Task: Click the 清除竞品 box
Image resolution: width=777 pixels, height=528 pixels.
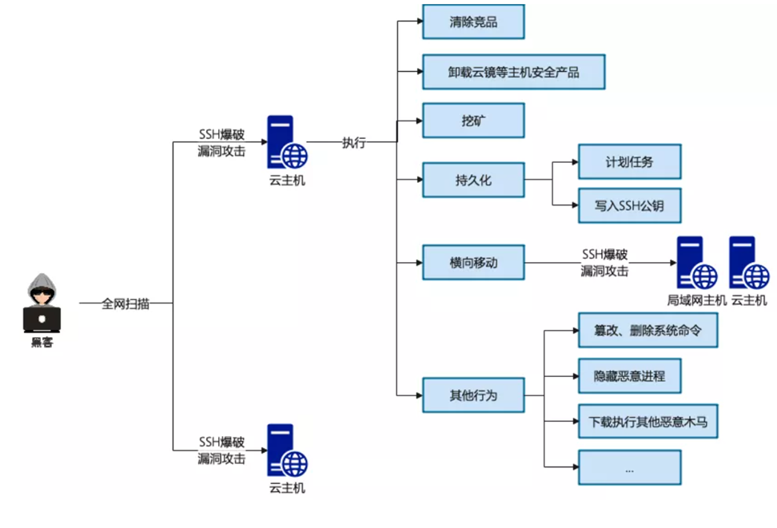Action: (x=473, y=22)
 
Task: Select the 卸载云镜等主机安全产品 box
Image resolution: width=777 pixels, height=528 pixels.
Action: (x=513, y=72)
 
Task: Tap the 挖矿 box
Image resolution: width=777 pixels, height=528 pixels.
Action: (x=473, y=121)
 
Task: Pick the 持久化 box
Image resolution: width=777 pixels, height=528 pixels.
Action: (x=473, y=180)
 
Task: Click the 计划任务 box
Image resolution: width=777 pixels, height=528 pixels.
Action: (x=629, y=161)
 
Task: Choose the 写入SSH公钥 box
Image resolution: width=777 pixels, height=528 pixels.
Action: (x=629, y=205)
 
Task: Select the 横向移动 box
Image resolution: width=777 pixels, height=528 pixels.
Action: (x=473, y=261)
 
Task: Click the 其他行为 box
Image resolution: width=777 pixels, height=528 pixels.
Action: (x=473, y=394)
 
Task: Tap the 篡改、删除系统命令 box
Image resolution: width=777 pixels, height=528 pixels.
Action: (x=647, y=329)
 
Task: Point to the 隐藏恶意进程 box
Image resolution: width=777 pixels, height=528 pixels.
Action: (x=629, y=375)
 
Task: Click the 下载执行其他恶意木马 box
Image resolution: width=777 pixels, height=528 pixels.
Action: (x=647, y=421)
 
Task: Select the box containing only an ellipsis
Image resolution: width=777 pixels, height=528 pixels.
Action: (x=629, y=467)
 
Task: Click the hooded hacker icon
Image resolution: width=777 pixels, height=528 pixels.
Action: (x=42, y=303)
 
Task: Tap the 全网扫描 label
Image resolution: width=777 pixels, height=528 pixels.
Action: (x=126, y=304)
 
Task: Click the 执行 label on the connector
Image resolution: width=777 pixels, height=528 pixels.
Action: (x=353, y=143)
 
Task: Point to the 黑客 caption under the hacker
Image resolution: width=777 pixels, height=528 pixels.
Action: (x=42, y=343)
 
